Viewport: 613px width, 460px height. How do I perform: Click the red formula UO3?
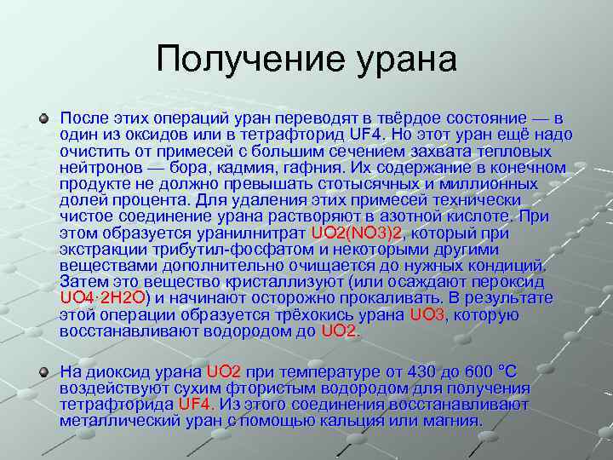pos(427,314)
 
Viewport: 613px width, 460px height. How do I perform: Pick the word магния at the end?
pos(451,421)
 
